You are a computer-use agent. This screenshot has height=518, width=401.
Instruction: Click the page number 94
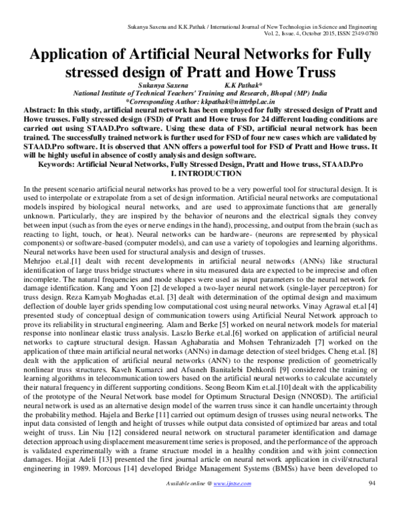click(x=373, y=501)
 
